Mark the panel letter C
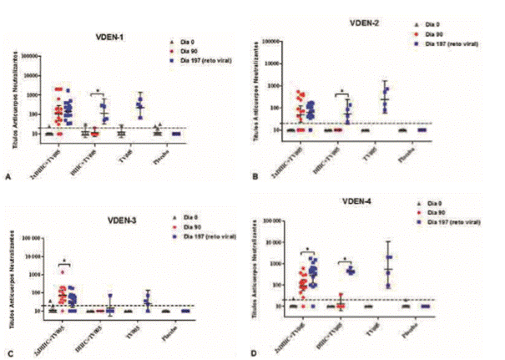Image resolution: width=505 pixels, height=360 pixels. click(x=8, y=352)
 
